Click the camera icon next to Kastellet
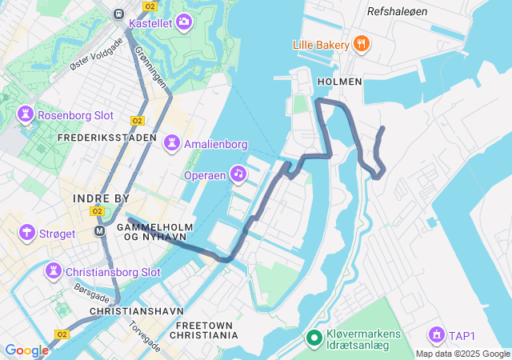(x=185, y=22)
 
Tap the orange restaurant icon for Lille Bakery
(x=362, y=43)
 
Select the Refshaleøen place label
(x=398, y=11)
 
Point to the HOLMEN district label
(x=340, y=82)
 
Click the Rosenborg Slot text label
(x=75, y=115)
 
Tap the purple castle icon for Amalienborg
(x=171, y=144)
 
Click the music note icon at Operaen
(x=238, y=173)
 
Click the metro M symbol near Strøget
(x=100, y=231)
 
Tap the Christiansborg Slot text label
(x=113, y=272)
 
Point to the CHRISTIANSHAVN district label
(x=137, y=310)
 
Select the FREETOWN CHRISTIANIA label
(x=206, y=330)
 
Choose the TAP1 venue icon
(x=436, y=334)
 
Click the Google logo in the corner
(x=26, y=350)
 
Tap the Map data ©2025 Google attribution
(x=462, y=354)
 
